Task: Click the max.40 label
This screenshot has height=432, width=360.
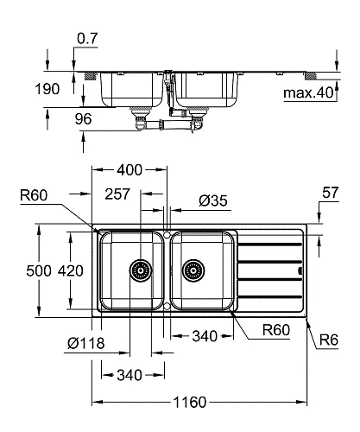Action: coord(306,92)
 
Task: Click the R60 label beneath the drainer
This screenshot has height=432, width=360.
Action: coord(276,329)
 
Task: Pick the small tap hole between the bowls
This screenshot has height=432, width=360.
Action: coord(166,235)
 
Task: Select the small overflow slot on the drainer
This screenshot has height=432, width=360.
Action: coord(299,270)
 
